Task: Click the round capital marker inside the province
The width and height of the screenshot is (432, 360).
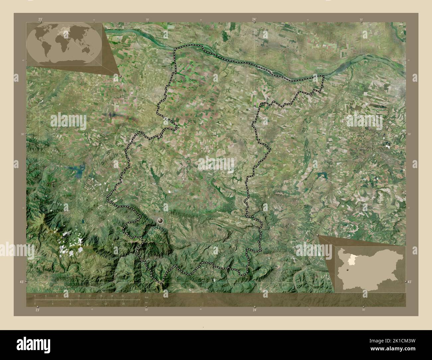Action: click(x=161, y=220)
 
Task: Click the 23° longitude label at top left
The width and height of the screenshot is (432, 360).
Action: click(x=40, y=20)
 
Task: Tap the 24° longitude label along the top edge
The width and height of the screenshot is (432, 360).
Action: click(x=254, y=20)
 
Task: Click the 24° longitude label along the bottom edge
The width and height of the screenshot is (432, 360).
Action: click(x=255, y=310)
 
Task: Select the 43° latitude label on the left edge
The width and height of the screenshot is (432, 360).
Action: click(x=21, y=282)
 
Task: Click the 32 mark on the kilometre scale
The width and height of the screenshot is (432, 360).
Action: click(x=123, y=296)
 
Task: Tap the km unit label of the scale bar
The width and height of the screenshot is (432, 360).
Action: click(x=147, y=297)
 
